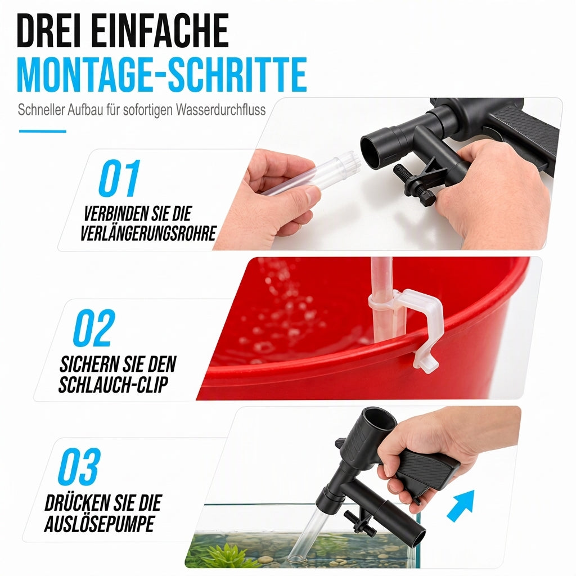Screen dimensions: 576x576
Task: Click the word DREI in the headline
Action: point(49,30)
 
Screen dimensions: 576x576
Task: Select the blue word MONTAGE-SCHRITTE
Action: point(161,74)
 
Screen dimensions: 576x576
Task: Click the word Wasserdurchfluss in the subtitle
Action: point(220,110)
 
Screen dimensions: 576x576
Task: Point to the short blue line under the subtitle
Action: point(43,131)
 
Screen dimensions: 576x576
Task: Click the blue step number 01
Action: point(119,178)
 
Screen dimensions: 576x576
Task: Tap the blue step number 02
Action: point(94,328)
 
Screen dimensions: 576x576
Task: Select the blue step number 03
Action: point(79,466)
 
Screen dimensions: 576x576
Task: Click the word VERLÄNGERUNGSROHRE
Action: point(148,233)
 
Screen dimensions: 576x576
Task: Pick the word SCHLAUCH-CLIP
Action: point(113,385)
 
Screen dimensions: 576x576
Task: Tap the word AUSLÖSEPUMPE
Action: point(99,524)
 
